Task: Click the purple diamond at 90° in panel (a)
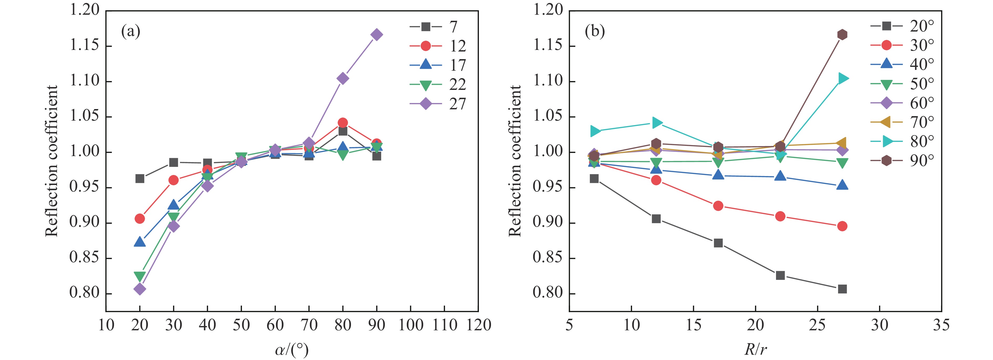coord(377,35)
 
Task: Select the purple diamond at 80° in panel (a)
coord(343,79)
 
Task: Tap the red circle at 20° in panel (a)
coord(139,219)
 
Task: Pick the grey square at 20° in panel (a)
coord(139,178)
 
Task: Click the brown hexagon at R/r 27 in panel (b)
coord(842,35)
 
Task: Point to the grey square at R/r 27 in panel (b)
coord(842,289)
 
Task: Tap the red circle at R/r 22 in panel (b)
coord(780,216)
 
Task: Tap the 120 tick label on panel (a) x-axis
coord(478,325)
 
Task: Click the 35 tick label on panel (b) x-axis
coord(941,325)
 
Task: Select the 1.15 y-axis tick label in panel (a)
coord(84,45)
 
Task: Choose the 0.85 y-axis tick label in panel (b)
coord(547,258)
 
